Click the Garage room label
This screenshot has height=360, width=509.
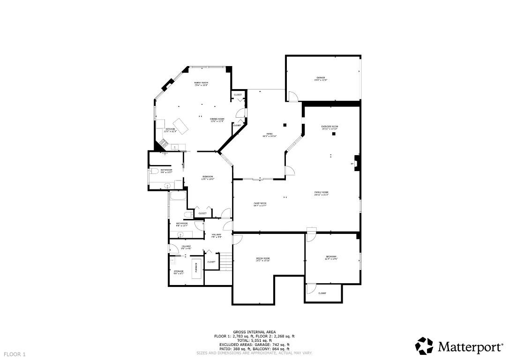click(x=320, y=79)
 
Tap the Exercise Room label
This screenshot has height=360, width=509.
click(x=329, y=127)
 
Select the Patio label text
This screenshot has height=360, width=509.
click(x=269, y=135)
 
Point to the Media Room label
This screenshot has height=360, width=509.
click(x=262, y=259)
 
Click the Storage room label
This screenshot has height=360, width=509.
click(x=179, y=272)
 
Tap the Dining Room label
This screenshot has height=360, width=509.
click(x=217, y=120)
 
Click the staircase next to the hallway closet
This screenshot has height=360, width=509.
click(x=225, y=261)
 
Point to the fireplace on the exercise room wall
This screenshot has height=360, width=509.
click(x=357, y=164)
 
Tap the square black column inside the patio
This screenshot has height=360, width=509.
click(x=284, y=125)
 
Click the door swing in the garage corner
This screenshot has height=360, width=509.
click(x=292, y=96)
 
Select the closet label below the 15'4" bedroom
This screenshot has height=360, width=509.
click(x=322, y=293)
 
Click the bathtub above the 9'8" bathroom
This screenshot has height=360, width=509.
click(x=178, y=196)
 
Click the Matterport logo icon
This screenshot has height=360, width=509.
click(x=425, y=346)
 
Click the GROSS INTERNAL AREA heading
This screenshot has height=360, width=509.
click(x=254, y=332)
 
